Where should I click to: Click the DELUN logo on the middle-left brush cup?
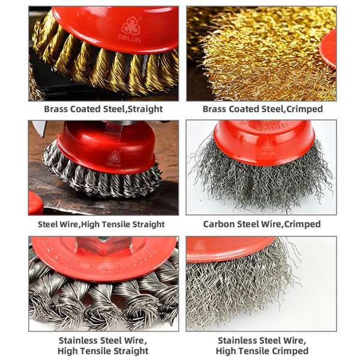(113, 158)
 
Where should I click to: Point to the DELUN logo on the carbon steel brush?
(268, 148)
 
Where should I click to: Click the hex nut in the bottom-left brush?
(104, 245)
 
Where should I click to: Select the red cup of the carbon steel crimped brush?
(264, 142)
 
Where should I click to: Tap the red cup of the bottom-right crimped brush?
(231, 249)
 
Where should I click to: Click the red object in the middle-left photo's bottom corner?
(35, 203)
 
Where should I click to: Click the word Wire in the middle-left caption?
(69, 224)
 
